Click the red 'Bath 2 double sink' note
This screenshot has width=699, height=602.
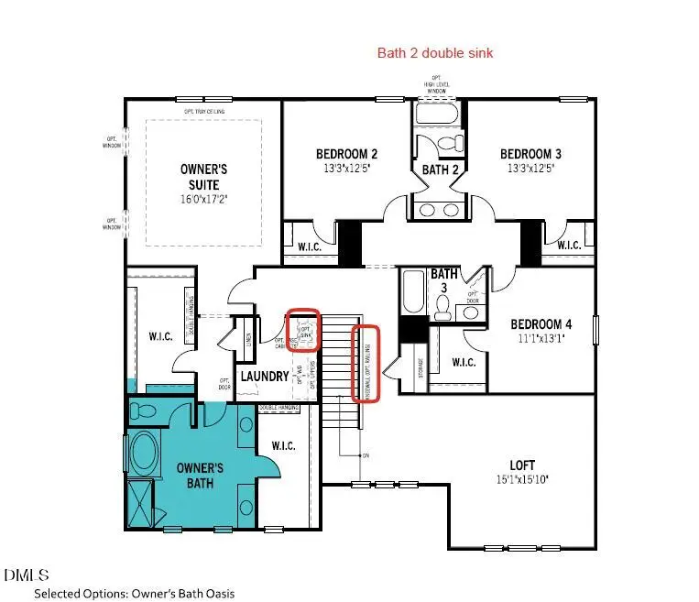[x=435, y=53]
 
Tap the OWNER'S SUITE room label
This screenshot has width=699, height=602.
[x=202, y=177]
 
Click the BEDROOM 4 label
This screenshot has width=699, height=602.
[x=541, y=324]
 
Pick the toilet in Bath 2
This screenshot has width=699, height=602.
[x=449, y=145]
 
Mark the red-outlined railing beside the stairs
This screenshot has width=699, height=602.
[x=367, y=363]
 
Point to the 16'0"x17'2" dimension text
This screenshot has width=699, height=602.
[x=202, y=198]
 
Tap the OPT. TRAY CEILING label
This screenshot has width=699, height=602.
[x=203, y=112]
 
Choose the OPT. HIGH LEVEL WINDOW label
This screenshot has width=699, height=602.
[x=437, y=84]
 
